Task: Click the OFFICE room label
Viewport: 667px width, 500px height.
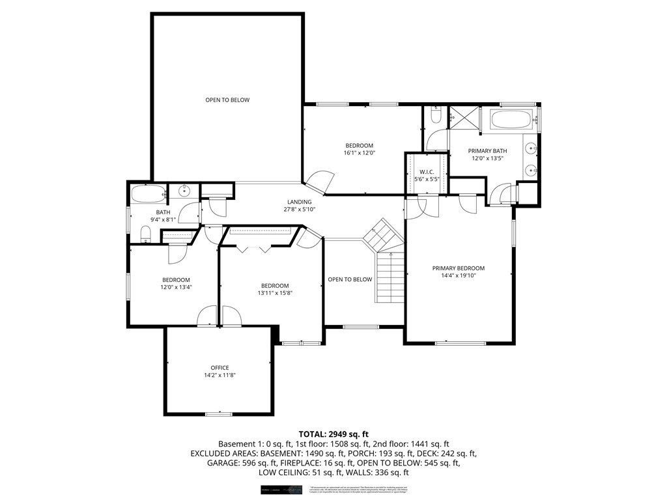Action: click(x=219, y=368)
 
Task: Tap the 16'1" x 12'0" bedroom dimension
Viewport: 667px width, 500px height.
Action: click(x=359, y=153)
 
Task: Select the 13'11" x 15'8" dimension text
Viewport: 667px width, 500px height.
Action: click(x=275, y=293)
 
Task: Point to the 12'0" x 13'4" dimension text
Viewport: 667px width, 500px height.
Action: click(x=176, y=287)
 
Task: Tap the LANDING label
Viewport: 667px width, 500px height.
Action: click(x=299, y=202)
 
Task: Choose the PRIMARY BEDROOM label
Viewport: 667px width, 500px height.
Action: click(x=459, y=268)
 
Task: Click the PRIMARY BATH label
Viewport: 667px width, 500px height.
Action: click(x=487, y=150)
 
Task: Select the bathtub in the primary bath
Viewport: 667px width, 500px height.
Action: click(x=511, y=120)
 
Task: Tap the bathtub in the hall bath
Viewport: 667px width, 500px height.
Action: click(x=147, y=193)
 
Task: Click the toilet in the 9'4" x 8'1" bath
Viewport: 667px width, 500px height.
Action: click(x=145, y=234)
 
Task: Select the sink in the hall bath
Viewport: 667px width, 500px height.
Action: click(x=184, y=191)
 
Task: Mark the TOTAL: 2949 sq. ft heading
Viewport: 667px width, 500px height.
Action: click(x=333, y=434)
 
